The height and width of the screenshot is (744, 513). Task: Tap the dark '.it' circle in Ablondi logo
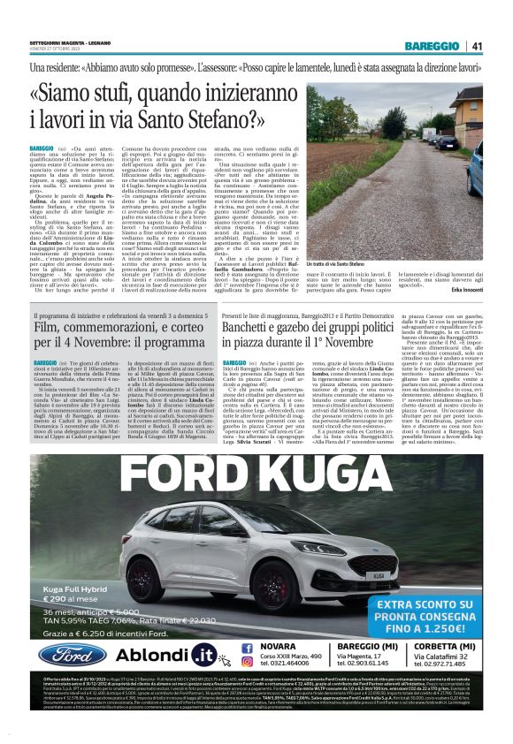203,655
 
